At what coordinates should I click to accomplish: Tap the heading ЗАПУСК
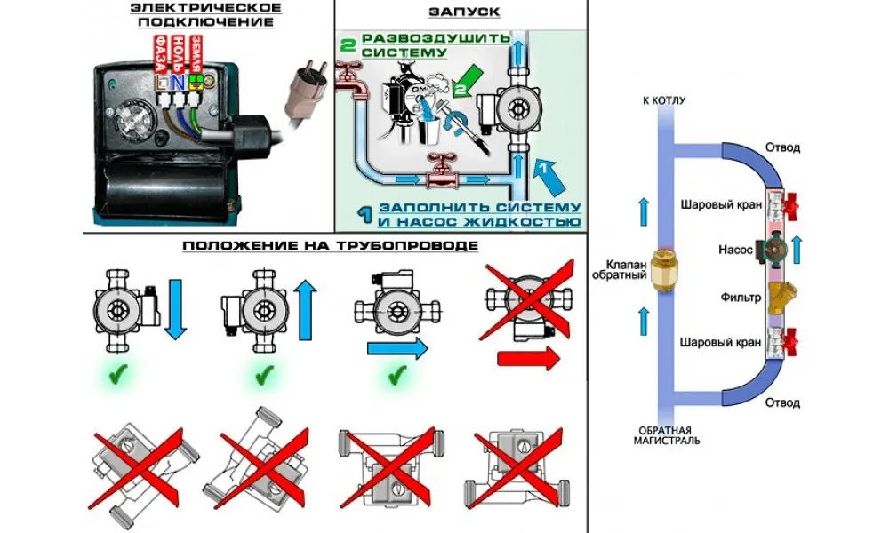tap(463, 12)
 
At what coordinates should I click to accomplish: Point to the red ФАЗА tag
tap(162, 55)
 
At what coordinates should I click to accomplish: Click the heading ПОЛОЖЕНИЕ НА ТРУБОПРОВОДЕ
tap(330, 244)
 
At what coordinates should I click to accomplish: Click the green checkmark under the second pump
tap(262, 377)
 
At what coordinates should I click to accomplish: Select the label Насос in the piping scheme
tap(735, 251)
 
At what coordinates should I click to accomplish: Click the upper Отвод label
tap(783, 147)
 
